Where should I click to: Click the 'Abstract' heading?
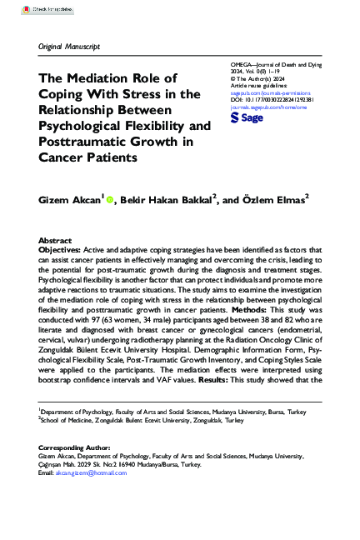(x=55, y=239)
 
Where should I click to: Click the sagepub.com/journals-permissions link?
(x=267, y=94)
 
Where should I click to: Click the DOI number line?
(x=271, y=101)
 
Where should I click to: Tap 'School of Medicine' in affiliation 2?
(x=71, y=421)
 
